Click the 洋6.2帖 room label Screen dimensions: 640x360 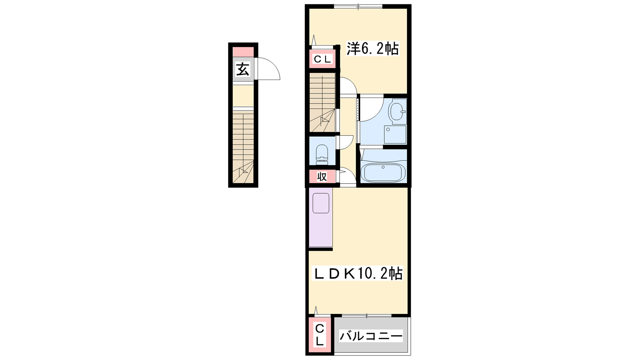pyautogui.click(x=372, y=48)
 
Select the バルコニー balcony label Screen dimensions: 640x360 pyautogui.click(x=371, y=336)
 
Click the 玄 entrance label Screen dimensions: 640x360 pyautogui.click(x=242, y=69)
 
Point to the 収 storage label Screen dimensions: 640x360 pyautogui.click(x=322, y=176)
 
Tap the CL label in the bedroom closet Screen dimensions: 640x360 pyautogui.click(x=322, y=60)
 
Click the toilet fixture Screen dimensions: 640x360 pyautogui.click(x=322, y=154)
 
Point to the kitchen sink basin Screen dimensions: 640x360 pyautogui.click(x=321, y=203)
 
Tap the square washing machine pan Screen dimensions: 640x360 pyautogui.click(x=395, y=134)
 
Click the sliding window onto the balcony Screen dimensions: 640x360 pyautogui.click(x=366, y=316)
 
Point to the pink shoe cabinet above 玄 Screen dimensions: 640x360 pyautogui.click(x=243, y=52)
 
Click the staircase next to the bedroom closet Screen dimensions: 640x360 pyautogui.click(x=322, y=102)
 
